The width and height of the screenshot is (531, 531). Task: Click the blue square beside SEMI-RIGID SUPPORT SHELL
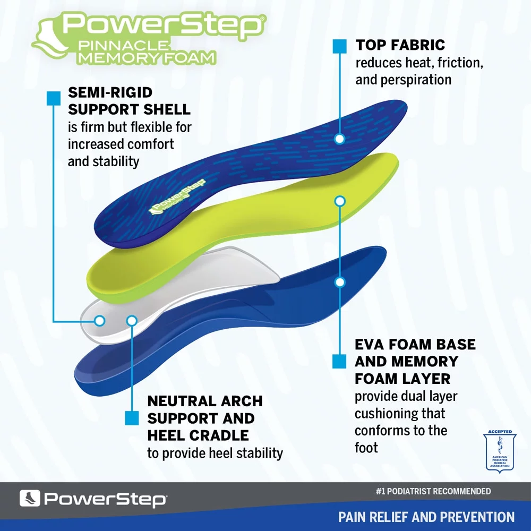(53, 98)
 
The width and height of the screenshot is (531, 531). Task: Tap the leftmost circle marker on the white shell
(99, 320)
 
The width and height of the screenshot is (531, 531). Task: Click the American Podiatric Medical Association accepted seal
(499, 451)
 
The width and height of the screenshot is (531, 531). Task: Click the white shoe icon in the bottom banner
(30, 499)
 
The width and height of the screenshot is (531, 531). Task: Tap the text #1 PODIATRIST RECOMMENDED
(433, 492)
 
